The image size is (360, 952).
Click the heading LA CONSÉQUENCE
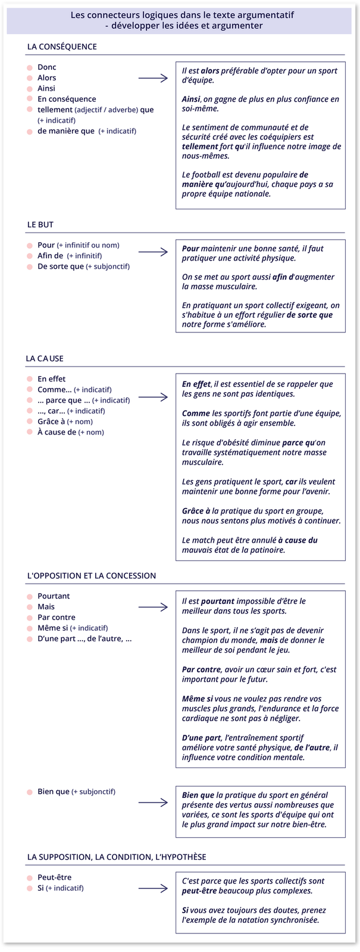[62, 47]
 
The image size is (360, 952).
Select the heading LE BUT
[40, 224]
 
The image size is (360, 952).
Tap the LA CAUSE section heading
[45, 359]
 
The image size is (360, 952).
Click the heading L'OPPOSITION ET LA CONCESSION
[92, 575]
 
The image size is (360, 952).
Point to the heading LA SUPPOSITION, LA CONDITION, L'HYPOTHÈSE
[117, 857]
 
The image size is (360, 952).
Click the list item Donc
[47, 67]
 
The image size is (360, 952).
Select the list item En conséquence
[67, 99]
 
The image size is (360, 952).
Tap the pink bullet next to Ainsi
[30, 89]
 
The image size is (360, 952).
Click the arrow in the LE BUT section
[153, 252]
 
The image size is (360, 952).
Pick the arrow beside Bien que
[153, 802]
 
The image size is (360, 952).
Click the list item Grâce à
[51, 421]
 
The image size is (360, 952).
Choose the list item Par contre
[57, 617]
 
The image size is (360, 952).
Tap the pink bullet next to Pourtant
[30, 596]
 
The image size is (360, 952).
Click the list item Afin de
[51, 256]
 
